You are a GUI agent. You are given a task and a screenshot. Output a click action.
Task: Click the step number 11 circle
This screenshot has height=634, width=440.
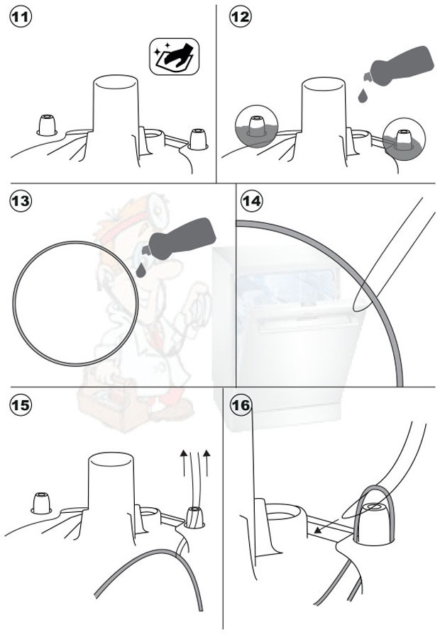point(21,17)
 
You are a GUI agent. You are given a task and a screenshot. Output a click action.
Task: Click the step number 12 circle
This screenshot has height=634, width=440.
point(241,17)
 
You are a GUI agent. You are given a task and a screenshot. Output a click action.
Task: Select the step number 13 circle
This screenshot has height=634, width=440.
point(21,200)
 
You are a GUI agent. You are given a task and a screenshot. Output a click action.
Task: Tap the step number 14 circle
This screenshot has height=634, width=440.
point(252,200)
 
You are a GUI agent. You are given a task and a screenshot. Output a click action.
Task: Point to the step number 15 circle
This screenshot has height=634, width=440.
point(21,404)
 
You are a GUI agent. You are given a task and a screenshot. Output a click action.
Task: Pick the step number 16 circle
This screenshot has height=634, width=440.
point(241,404)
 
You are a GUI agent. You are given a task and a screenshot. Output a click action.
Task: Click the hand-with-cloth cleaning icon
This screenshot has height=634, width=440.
point(174,57)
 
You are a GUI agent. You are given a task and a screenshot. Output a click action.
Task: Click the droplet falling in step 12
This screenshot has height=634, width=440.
point(363,96)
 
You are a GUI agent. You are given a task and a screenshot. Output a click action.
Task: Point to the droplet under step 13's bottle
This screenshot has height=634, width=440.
point(141,270)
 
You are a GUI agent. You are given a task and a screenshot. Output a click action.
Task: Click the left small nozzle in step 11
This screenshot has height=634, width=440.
point(47,125)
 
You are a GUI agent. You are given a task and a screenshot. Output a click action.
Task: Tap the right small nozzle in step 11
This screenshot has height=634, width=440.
point(198,139)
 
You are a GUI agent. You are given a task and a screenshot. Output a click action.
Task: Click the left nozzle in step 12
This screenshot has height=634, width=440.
point(256,127)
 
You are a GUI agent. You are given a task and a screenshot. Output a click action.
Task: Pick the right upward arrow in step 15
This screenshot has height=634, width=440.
point(207,462)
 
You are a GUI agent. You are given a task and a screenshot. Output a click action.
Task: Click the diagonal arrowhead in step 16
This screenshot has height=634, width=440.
point(319,530)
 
